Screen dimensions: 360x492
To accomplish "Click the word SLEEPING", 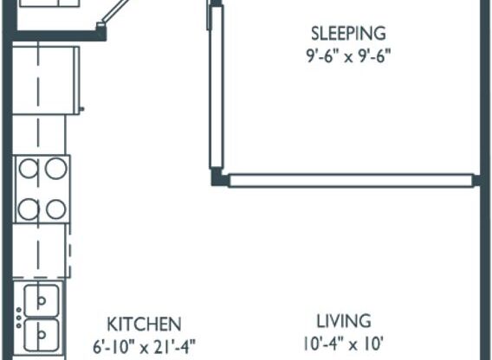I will tap(347, 35).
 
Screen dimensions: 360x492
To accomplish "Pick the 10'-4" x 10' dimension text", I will tap(343, 344).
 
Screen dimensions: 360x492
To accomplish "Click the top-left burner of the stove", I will tap(29, 169).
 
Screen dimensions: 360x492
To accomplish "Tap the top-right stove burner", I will tap(56, 169).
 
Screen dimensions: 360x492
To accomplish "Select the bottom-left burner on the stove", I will tap(29, 209).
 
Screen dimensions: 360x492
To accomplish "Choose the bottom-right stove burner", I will tap(56, 209).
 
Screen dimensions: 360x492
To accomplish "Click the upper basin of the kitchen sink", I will tap(41, 300).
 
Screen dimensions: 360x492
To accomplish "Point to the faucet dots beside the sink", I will tap(17, 317).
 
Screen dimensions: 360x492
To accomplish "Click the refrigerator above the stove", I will tap(48, 78).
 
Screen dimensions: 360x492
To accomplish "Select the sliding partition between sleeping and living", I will tap(350, 180).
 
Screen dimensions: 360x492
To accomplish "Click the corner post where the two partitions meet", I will tap(218, 179).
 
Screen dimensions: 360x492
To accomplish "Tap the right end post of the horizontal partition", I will tap(476, 180).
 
